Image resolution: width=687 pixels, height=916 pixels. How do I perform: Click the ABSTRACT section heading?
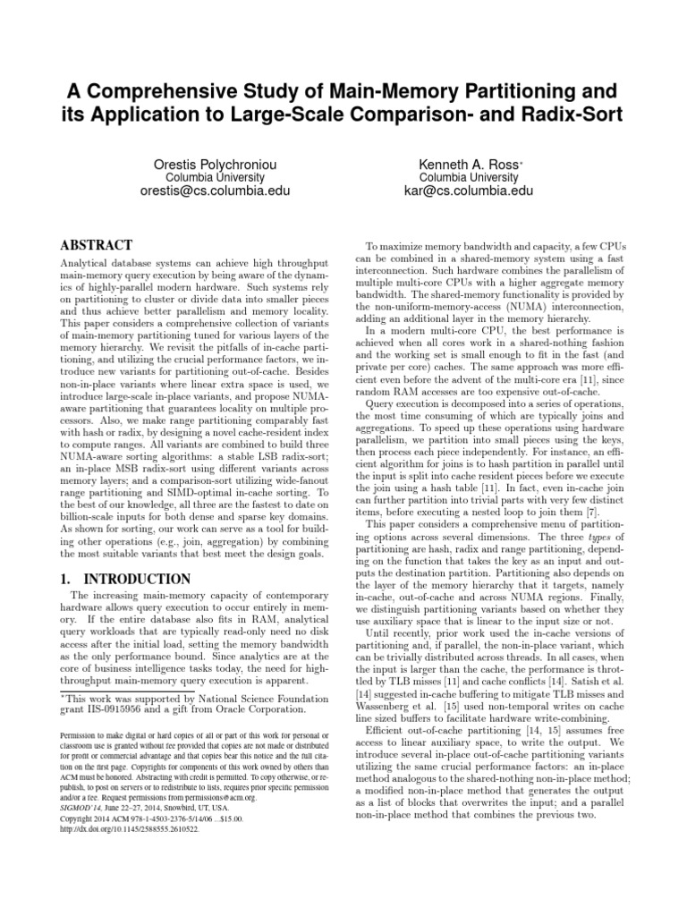click(x=96, y=244)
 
